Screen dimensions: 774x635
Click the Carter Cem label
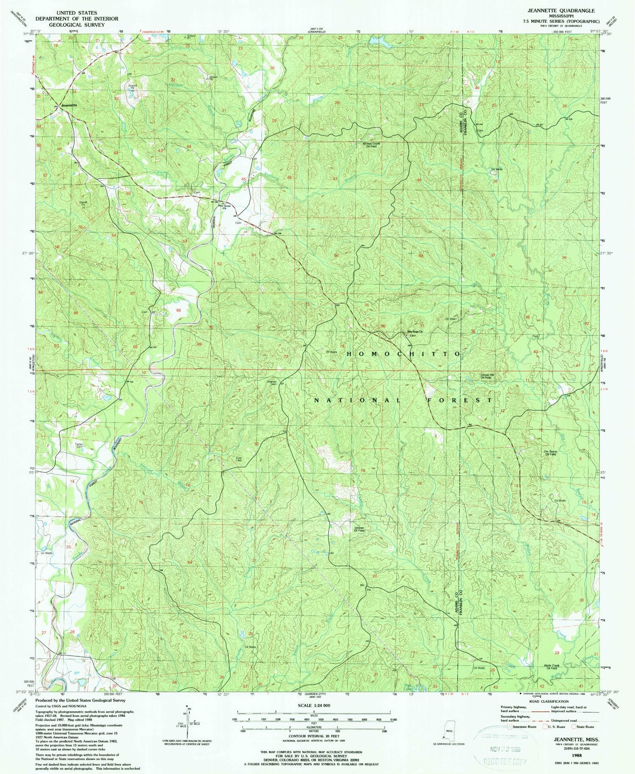[79, 445]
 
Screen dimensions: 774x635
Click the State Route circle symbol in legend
[575, 727]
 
